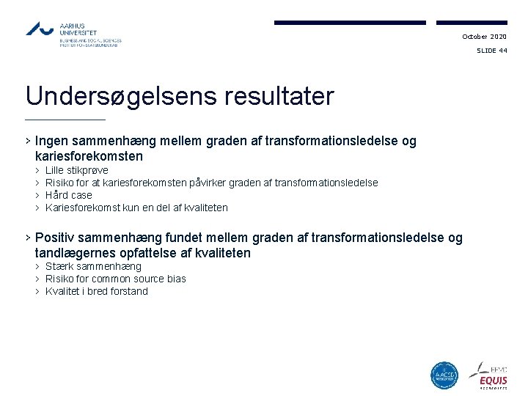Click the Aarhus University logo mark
coord(40,29)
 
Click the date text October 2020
coord(484,37)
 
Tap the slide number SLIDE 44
coord(491,51)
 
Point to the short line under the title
coord(65,120)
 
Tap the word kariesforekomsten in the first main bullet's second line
coord(89,156)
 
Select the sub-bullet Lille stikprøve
coord(76,170)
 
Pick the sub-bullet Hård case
coord(69,195)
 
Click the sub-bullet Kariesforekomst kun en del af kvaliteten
coord(136,208)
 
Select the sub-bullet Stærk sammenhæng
coord(93,266)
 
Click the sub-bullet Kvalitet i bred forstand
coord(97,291)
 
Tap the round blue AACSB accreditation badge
coord(444,375)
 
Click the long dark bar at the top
coord(351,23)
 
